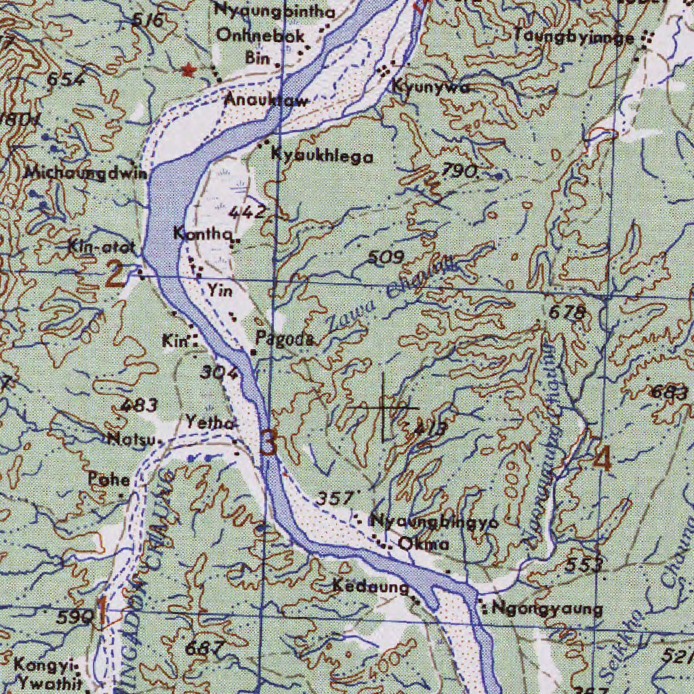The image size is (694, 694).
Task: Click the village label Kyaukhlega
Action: [x=322, y=156]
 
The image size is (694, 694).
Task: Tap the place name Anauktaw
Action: [x=266, y=100]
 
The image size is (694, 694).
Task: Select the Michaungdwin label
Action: [x=85, y=172]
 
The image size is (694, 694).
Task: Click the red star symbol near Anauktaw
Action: [x=188, y=69]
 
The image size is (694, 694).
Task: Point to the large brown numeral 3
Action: [x=268, y=445]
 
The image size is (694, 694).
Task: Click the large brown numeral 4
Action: [x=602, y=460]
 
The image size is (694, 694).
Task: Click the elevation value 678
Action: [x=567, y=312]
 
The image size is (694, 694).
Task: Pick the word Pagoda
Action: [x=284, y=339]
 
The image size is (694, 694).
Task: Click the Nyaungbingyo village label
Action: [x=434, y=522]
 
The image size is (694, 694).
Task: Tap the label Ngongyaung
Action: [x=547, y=609]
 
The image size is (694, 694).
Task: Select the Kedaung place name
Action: [x=370, y=586]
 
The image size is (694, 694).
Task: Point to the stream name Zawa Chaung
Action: [x=386, y=298]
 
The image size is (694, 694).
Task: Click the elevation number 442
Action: [x=247, y=212]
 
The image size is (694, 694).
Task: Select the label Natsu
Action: [x=133, y=439]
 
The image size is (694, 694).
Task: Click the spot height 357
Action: [x=335, y=498]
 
